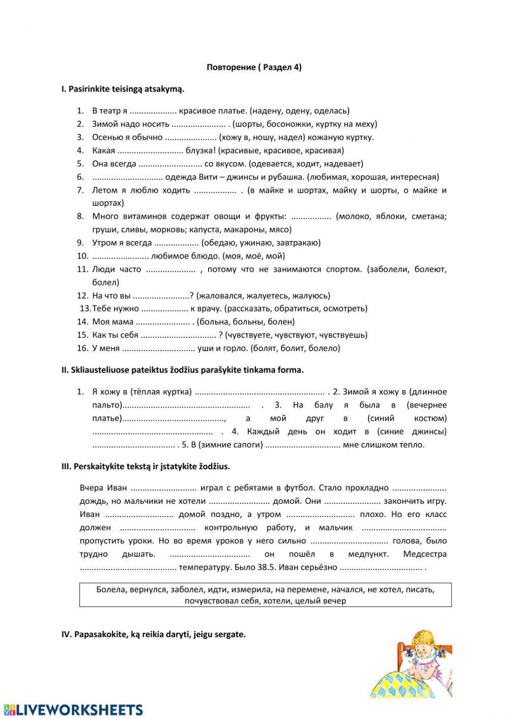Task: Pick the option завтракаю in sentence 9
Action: coord(299,243)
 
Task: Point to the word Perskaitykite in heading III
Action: coord(98,466)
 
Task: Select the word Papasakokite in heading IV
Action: coord(97,635)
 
